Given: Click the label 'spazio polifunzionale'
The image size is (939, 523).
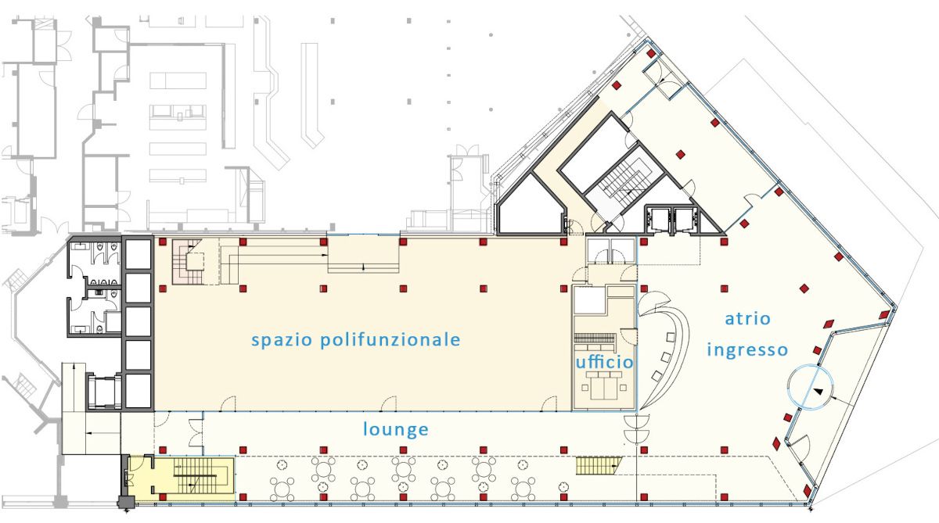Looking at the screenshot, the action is pos(356,340).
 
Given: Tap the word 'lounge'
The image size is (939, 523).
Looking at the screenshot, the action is pos(396,430).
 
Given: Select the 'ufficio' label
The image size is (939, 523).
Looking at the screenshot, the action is pos(604,361).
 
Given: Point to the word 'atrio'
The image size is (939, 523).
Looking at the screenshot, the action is pos(748,319).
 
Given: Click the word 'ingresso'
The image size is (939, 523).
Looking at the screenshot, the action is pos(747,350).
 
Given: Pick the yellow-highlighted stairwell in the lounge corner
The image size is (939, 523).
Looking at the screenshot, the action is pos(181,479).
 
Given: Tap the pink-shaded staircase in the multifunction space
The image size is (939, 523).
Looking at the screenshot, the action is pos(188,262).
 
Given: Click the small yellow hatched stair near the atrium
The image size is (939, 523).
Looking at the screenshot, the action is pos(598,466).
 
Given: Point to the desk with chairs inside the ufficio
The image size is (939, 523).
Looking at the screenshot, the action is pos(603,385).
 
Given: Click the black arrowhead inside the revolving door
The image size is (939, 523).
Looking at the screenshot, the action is pos(818,392).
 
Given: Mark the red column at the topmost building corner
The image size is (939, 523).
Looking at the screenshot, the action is pos(650,53).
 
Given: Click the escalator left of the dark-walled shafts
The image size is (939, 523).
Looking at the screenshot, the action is pos(104,392).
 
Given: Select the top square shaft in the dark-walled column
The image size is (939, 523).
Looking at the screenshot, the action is pos(139,254).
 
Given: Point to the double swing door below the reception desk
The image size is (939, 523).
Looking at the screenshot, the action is pos(636,429).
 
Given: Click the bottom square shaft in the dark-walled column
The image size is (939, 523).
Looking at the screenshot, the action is pos(139,390).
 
